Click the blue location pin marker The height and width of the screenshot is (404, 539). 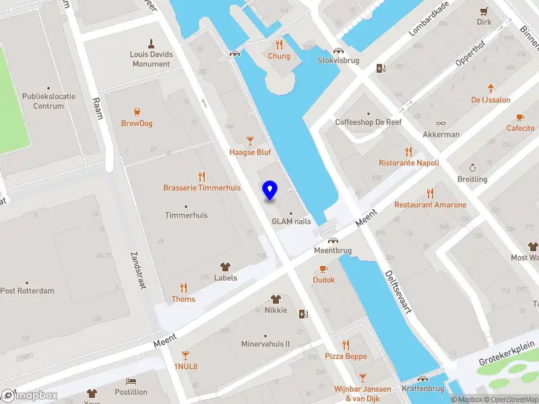point(269,191)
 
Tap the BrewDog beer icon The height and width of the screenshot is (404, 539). point(137,111)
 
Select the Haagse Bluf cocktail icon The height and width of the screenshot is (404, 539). point(250,140)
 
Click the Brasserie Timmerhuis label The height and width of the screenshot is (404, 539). point(201,188)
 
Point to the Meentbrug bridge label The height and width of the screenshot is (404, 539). point(332,250)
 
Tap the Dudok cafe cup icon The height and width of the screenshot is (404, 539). point(324,269)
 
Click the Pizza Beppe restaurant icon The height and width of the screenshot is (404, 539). point(346,345)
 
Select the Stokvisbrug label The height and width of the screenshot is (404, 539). point(338,60)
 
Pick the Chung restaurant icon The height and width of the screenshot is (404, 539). point(278,44)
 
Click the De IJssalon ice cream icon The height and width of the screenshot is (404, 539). point(491,88)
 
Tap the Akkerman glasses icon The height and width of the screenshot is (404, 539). point(441,123)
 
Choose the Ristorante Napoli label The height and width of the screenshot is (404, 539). point(409,163)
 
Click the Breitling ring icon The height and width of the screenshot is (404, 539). point(472,168)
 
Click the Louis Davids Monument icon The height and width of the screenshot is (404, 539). point(151,42)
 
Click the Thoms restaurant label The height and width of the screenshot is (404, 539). point(183,299)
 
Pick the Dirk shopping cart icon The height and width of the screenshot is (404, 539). point(484,11)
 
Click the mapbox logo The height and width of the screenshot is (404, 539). point(30,396)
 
